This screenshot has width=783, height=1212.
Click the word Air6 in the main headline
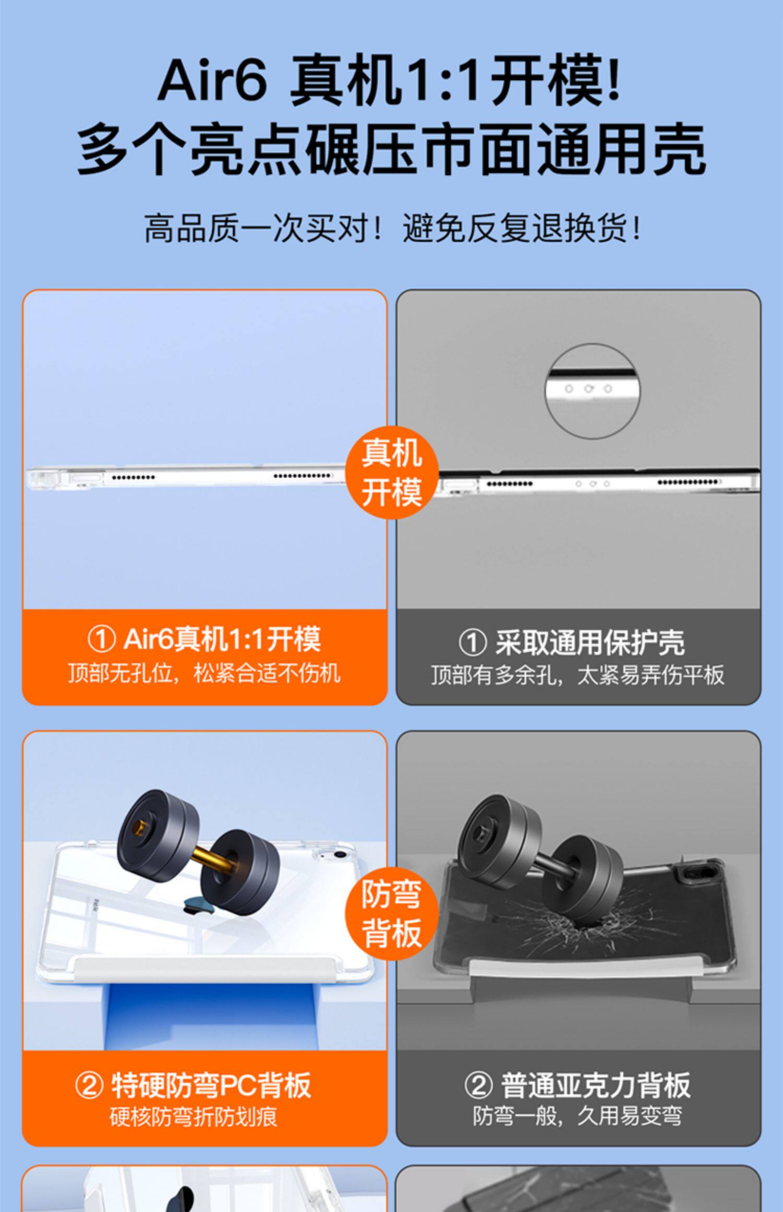(x=212, y=80)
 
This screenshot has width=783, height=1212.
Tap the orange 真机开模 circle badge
(x=391, y=472)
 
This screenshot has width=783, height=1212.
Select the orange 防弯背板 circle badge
(x=391, y=913)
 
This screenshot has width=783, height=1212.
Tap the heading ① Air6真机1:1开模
(x=204, y=639)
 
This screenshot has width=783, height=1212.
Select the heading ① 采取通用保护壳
(x=572, y=642)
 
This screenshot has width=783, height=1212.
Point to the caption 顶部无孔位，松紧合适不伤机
(x=204, y=673)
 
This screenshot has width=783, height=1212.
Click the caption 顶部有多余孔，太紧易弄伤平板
(x=578, y=675)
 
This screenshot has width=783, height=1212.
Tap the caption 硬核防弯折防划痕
(x=193, y=1116)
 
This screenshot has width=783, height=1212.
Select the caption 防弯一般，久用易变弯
(x=577, y=1116)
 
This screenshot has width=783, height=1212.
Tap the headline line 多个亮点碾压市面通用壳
(x=391, y=150)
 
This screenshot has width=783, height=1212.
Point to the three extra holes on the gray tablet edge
(x=592, y=484)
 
